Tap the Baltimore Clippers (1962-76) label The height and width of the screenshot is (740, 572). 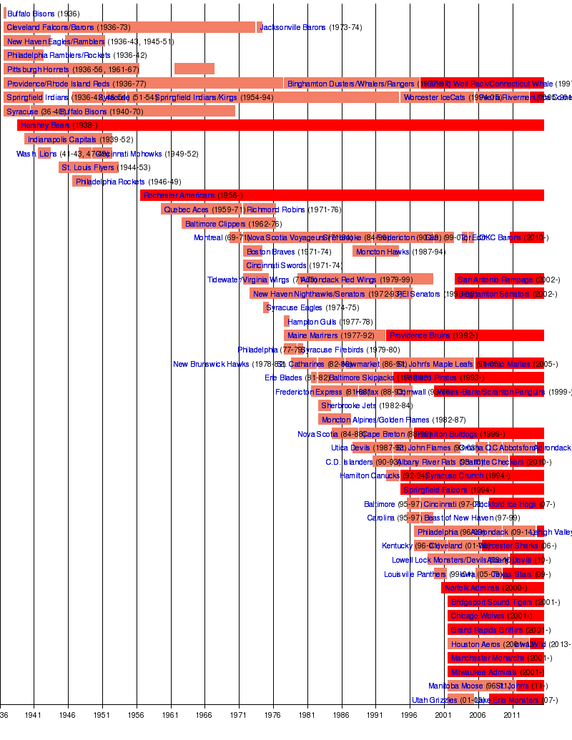click(x=223, y=224)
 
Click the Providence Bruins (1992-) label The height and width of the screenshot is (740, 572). click(x=433, y=336)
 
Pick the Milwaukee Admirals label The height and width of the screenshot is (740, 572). click(x=483, y=673)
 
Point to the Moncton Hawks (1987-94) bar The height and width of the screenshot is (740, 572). click(x=375, y=252)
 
